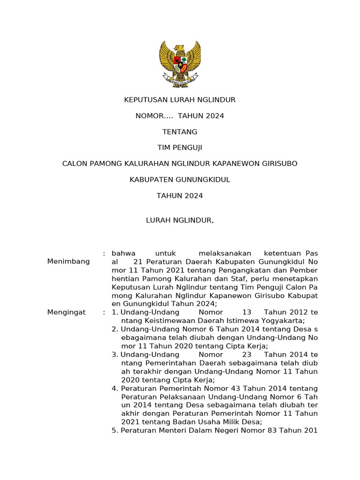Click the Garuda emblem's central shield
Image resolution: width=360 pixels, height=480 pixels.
pyautogui.click(x=180, y=61)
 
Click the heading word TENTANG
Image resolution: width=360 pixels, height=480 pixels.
pyautogui.click(x=180, y=132)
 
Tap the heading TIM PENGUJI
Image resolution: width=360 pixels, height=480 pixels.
pyautogui.click(x=180, y=148)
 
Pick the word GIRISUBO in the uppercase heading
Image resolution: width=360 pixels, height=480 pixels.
pyautogui.click(x=276, y=164)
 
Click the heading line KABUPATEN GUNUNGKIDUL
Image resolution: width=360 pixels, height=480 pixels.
pyautogui.click(x=180, y=180)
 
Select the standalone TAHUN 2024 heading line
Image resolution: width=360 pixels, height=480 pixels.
pyautogui.click(x=180, y=196)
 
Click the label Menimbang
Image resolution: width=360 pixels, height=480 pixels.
pyautogui.click(x=68, y=262)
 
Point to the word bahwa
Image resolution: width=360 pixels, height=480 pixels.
pyautogui.click(x=123, y=253)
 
